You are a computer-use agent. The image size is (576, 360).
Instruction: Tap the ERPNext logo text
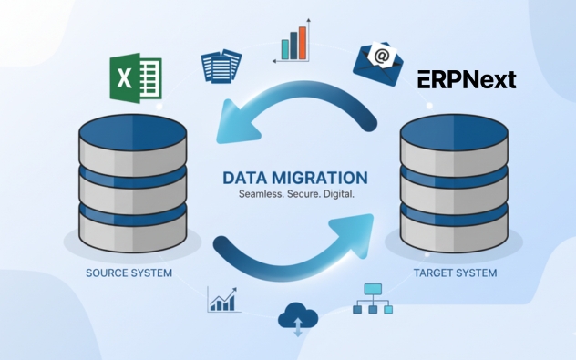(467, 80)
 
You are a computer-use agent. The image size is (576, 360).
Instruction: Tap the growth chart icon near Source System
(223, 299)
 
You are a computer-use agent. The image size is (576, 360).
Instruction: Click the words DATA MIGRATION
(294, 178)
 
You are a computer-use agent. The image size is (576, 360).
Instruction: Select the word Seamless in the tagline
(260, 196)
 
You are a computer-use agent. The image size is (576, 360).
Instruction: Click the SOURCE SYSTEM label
(129, 273)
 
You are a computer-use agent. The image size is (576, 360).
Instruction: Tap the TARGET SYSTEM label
(455, 273)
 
